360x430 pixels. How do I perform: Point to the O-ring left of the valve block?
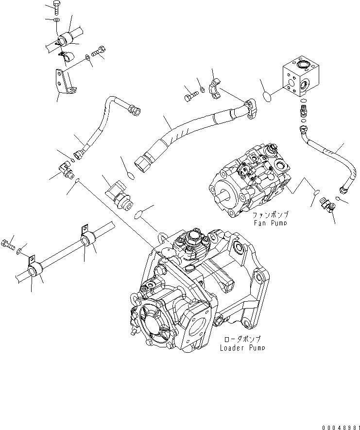pyautogui.click(x=266, y=97)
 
